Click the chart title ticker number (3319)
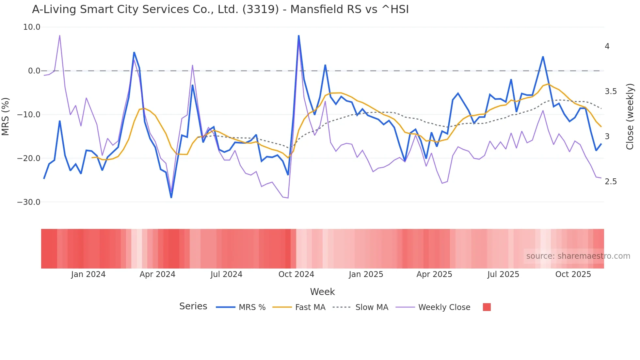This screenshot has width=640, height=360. click(261, 9)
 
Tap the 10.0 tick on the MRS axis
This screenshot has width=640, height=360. click(32, 27)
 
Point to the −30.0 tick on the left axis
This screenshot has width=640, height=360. click(29, 202)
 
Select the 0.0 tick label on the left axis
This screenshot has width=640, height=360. click(34, 71)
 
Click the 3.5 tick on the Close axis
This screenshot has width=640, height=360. click(611, 91)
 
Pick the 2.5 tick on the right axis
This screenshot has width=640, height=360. click(611, 182)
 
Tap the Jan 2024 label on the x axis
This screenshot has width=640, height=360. click(88, 274)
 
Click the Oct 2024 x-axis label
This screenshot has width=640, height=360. click(296, 274)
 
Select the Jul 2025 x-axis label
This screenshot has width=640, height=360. click(503, 274)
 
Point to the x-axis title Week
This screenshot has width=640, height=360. click(322, 292)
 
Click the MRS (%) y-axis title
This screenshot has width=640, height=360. click(6, 116)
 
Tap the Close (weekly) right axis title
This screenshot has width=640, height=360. click(630, 117)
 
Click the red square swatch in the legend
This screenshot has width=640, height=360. click(487, 307)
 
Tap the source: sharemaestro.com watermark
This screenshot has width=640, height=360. click(578, 256)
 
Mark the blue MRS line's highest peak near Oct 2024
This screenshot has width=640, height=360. click(298, 36)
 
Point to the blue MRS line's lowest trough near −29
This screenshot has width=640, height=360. click(171, 197)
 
